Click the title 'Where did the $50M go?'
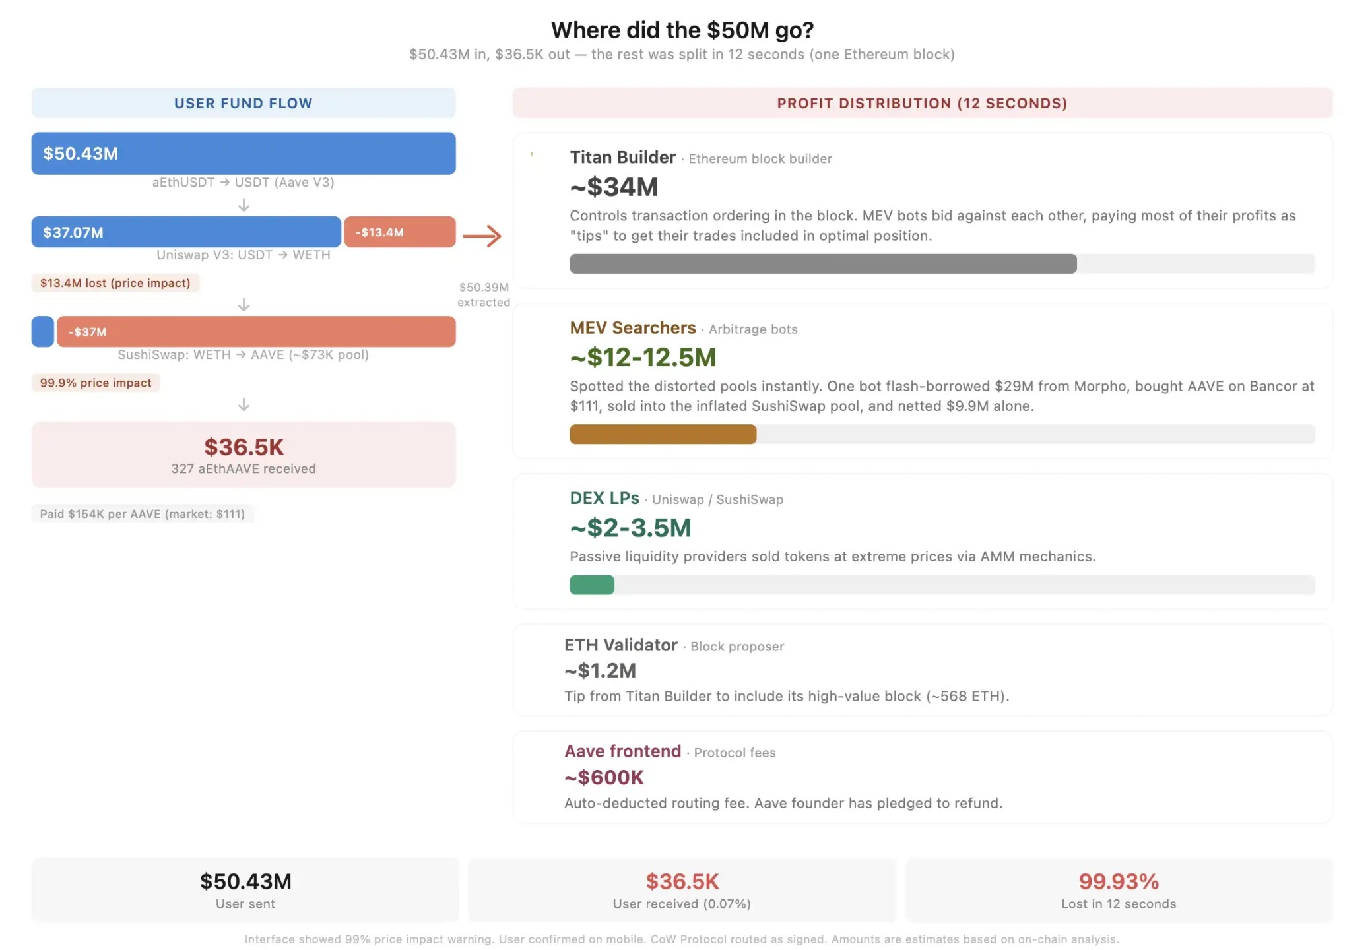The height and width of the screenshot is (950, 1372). (x=682, y=30)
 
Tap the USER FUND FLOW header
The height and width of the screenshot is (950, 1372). (x=243, y=103)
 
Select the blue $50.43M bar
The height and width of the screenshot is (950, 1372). (x=243, y=153)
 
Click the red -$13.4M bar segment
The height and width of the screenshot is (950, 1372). (x=399, y=232)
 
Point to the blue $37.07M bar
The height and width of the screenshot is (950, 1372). (x=185, y=232)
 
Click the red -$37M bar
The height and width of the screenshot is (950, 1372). (x=256, y=332)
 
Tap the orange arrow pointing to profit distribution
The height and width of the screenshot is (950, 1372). (x=482, y=236)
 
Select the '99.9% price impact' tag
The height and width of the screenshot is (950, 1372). (x=96, y=383)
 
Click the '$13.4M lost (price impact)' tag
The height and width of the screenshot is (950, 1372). (x=115, y=283)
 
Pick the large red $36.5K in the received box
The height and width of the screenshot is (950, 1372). (x=244, y=447)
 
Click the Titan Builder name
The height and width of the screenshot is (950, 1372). (x=622, y=157)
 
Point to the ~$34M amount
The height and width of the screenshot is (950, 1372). (x=614, y=187)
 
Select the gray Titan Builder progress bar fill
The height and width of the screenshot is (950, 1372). (x=822, y=264)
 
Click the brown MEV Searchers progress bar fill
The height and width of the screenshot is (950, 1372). (x=663, y=434)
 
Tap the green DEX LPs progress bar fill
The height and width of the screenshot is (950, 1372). (x=591, y=585)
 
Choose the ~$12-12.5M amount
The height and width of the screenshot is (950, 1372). (x=643, y=357)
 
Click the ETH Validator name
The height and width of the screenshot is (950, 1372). (x=620, y=645)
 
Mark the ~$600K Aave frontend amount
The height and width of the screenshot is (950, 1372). (x=604, y=777)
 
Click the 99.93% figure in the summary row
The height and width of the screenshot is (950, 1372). (x=1118, y=881)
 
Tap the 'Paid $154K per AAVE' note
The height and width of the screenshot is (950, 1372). (x=142, y=514)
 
